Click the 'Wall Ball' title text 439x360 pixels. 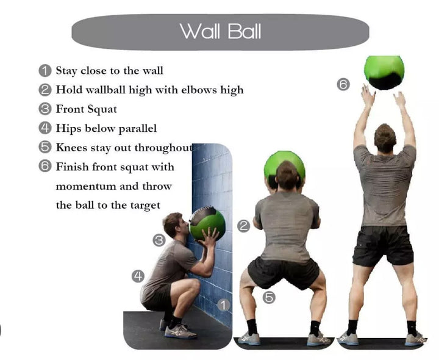coord(220,31)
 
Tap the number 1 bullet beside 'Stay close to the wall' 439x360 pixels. coord(45,71)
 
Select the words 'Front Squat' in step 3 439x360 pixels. coord(86,109)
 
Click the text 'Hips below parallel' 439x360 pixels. coord(106,128)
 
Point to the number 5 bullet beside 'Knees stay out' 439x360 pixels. coord(45,147)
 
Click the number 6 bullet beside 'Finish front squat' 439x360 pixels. coord(45,167)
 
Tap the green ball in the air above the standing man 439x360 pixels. coord(384,71)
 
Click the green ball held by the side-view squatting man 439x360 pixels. coord(207,223)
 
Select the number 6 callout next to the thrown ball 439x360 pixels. coord(343,84)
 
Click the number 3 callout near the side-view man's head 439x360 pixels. coord(159,240)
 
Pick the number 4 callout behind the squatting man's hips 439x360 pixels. coord(138,276)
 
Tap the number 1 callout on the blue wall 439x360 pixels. coord(224,304)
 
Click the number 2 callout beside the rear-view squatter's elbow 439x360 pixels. coord(243,226)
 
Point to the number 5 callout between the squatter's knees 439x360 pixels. coord(268,298)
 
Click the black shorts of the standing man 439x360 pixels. coord(383,245)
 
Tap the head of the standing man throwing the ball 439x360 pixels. coord(385,138)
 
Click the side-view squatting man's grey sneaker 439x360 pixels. coord(180,331)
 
